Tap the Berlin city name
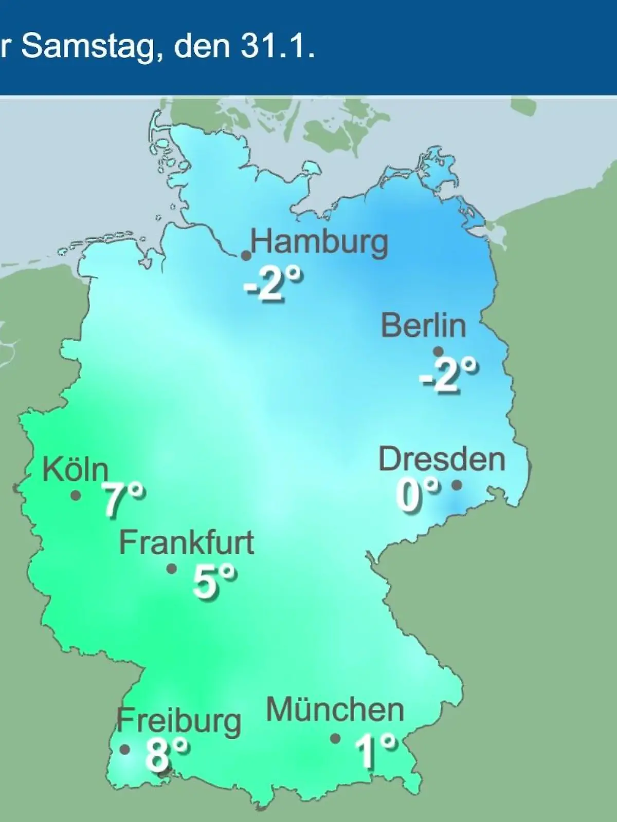pyautogui.click(x=424, y=325)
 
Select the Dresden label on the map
pyautogui.click(x=442, y=459)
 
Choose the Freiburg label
pyautogui.click(x=179, y=721)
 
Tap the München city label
pyautogui.click(x=335, y=710)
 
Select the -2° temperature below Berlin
pyautogui.click(x=448, y=376)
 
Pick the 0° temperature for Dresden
pyautogui.click(x=418, y=495)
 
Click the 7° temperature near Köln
pyautogui.click(x=123, y=500)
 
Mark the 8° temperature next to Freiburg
pyautogui.click(x=166, y=754)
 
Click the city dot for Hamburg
pyautogui.click(x=246, y=255)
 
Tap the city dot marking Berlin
pyautogui.click(x=438, y=352)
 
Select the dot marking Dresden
pyautogui.click(x=456, y=484)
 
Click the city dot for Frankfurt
pyautogui.click(x=172, y=569)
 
